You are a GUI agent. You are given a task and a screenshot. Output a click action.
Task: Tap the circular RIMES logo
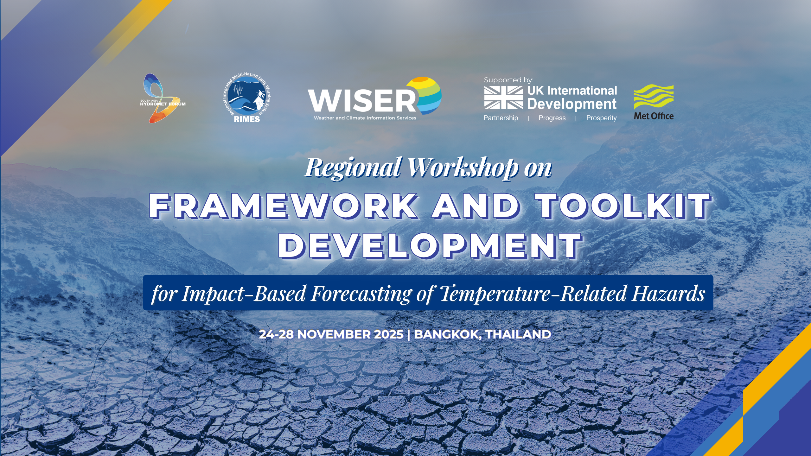pyautogui.click(x=247, y=98)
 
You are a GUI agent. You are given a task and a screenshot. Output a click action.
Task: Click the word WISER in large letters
pyautogui.click(x=362, y=100)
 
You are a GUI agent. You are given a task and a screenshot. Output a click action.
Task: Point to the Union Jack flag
pyautogui.click(x=503, y=98)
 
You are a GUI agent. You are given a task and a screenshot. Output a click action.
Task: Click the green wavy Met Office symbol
pyautogui.click(x=654, y=97)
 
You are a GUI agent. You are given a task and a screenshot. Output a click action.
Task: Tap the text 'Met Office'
pyautogui.click(x=654, y=116)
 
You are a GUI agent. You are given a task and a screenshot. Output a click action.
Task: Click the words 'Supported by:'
pyautogui.click(x=509, y=80)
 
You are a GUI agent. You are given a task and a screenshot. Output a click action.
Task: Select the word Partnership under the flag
pyautogui.click(x=501, y=118)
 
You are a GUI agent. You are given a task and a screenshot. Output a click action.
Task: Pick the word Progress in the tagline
pyautogui.click(x=552, y=118)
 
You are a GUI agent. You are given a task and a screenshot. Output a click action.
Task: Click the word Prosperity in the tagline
pyautogui.click(x=601, y=118)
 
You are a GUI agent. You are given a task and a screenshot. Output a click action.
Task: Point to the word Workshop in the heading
pyautogui.click(x=463, y=168)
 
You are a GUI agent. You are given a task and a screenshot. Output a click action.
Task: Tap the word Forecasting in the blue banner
pyautogui.click(x=361, y=294)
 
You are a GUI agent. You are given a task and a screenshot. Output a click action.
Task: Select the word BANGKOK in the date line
pyautogui.click(x=447, y=335)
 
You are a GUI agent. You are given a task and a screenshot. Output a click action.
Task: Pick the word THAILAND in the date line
pyautogui.click(x=518, y=334)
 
